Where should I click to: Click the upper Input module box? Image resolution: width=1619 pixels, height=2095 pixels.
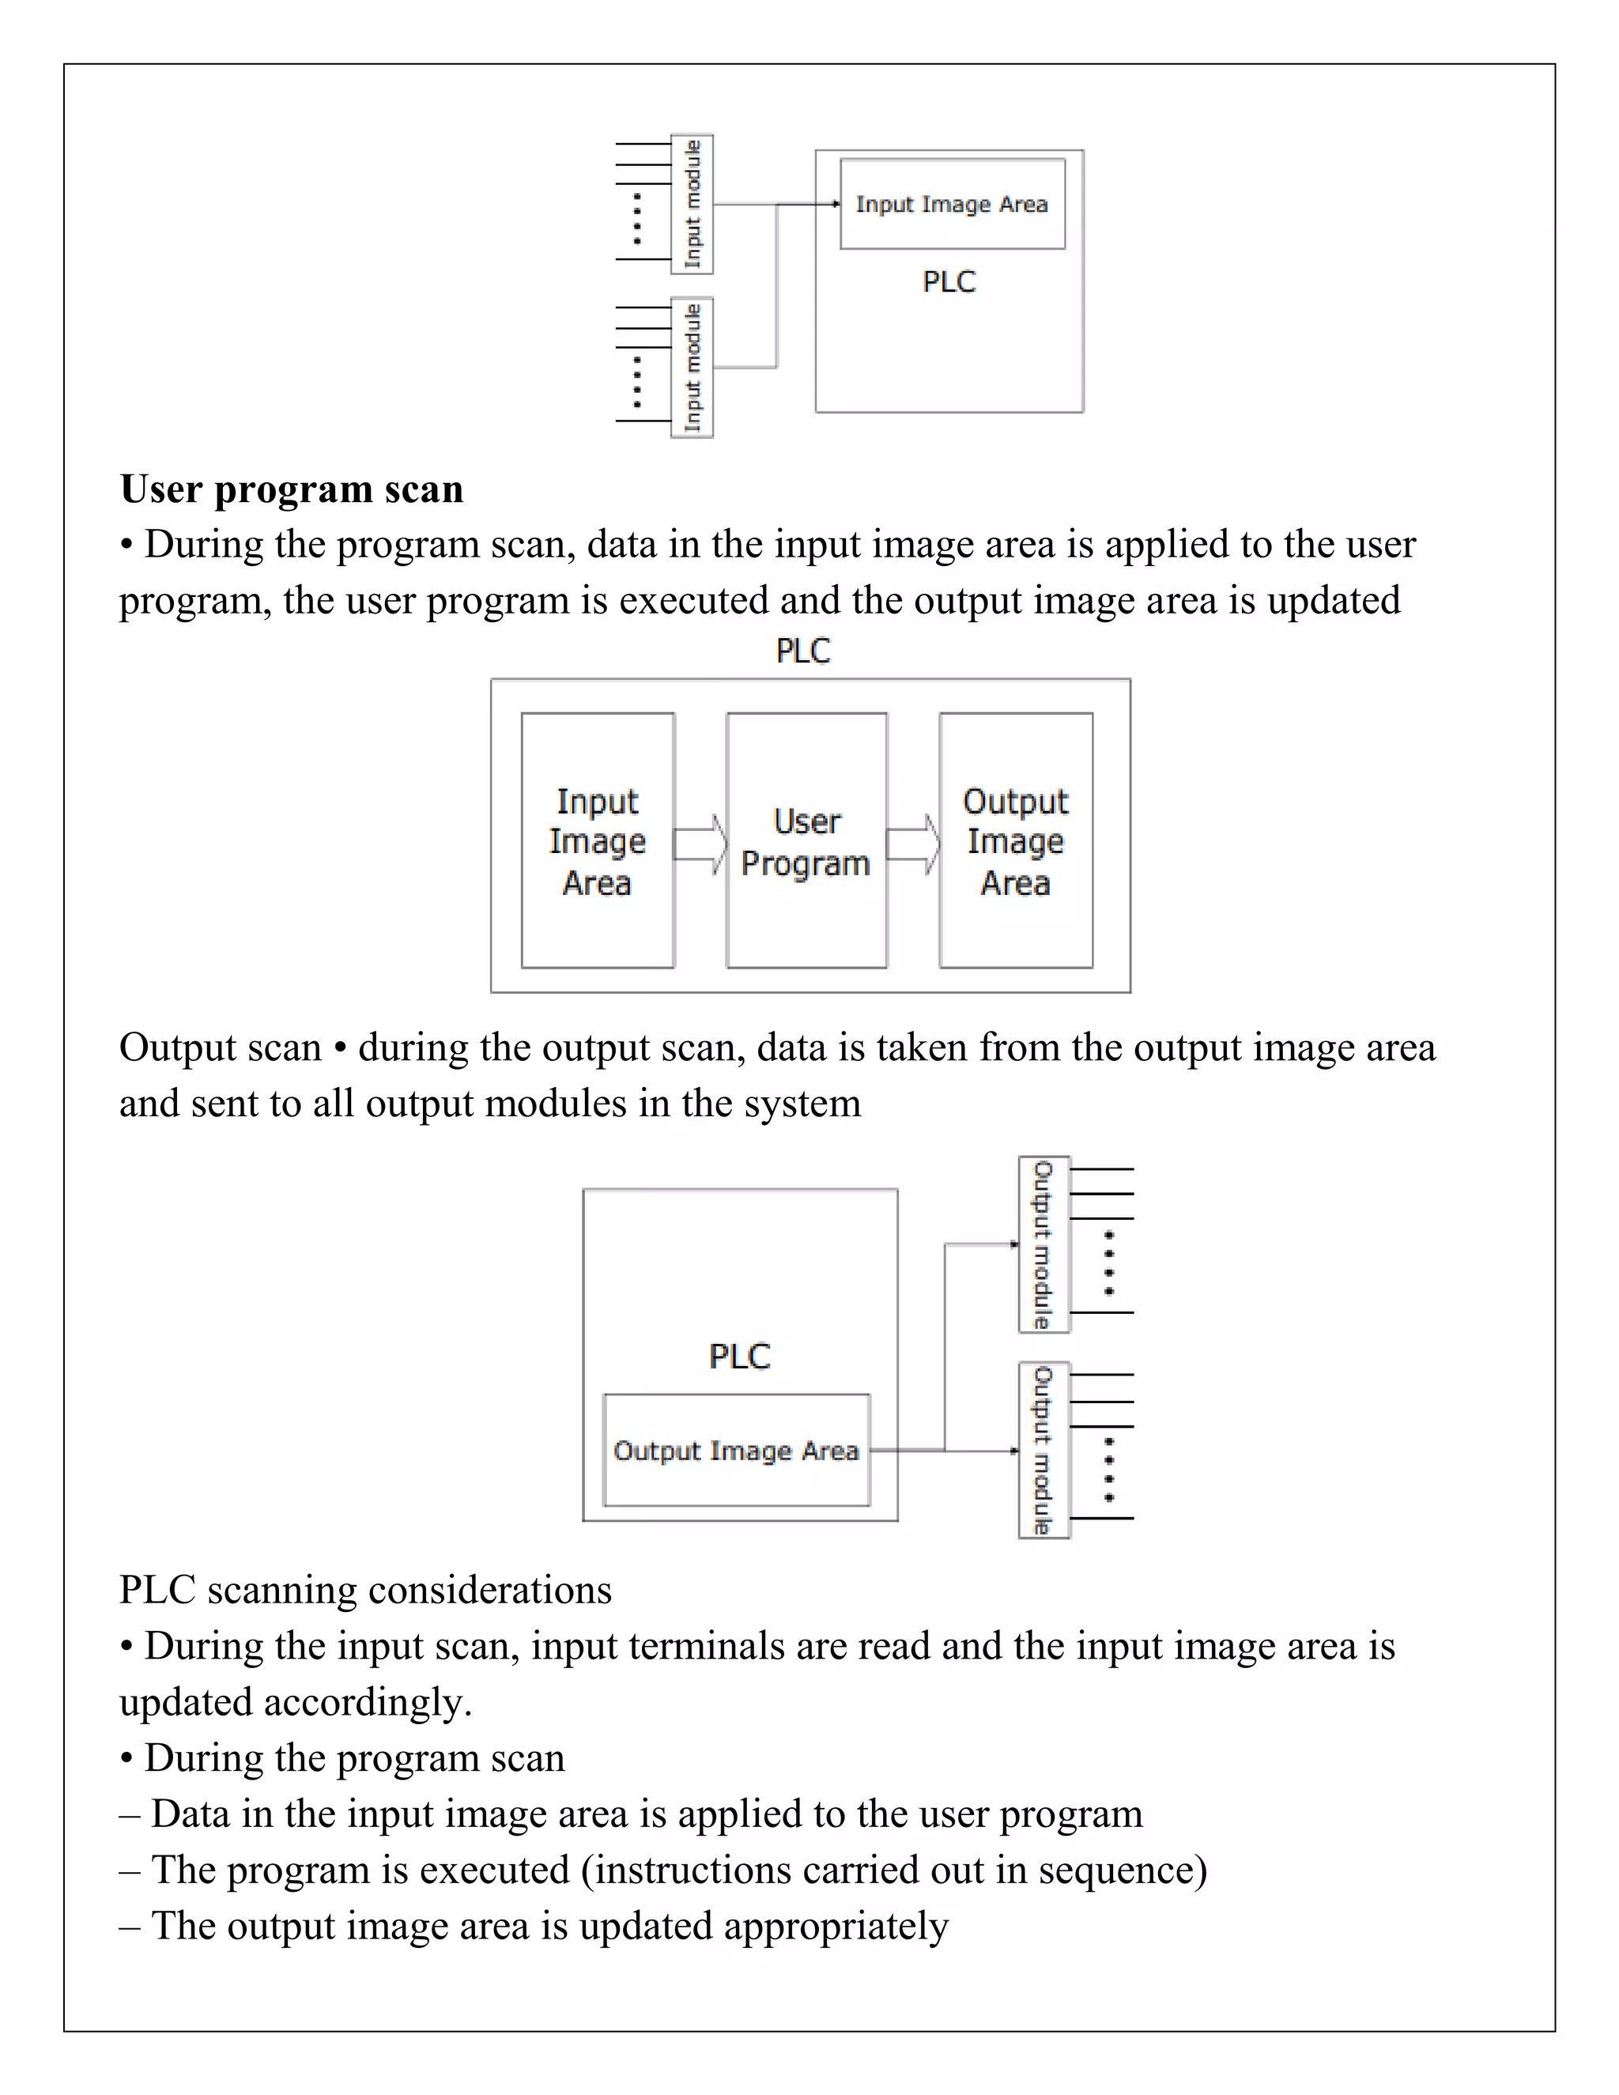coord(692,204)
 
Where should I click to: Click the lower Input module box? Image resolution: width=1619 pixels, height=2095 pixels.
coord(692,368)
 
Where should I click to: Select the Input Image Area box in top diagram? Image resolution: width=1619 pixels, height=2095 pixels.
coord(953,204)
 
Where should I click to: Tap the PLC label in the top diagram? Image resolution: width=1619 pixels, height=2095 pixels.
coord(949,282)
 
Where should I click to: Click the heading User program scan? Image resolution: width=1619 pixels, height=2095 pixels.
coord(292,489)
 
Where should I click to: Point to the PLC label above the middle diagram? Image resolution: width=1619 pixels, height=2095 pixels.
coord(803,651)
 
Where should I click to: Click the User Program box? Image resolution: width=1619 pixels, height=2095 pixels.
coord(806,841)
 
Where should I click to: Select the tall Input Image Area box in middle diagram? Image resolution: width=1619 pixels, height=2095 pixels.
coord(598,841)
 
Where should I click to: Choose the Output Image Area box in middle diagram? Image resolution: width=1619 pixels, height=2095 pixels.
coord(1016,841)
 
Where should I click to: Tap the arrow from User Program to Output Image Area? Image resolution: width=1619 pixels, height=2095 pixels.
coord(913,845)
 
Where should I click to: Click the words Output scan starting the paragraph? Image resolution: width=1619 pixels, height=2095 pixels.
coord(220,1047)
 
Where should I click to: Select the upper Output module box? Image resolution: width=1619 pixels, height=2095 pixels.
coord(1043,1245)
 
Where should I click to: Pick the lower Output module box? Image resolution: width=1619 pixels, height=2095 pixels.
coord(1043,1451)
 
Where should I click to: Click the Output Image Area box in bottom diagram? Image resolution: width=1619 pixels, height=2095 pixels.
coord(736,1451)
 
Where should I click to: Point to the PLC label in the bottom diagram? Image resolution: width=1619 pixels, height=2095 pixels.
coord(739,1357)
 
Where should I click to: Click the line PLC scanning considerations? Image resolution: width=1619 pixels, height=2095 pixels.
coord(364,1591)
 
